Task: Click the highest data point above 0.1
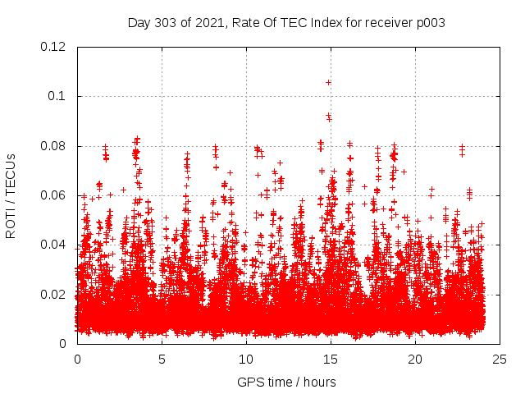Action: click(x=329, y=82)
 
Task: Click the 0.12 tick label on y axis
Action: click(x=53, y=47)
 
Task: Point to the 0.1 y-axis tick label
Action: click(x=57, y=96)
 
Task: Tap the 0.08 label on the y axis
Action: click(x=53, y=146)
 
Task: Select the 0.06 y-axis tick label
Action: click(x=53, y=195)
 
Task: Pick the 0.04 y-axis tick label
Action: click(x=53, y=245)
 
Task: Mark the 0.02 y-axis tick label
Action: click(x=53, y=294)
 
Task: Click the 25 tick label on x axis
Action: click(x=499, y=359)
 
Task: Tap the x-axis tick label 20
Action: click(x=414, y=359)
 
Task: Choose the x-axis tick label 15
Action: click(x=330, y=359)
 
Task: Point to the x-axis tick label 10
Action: click(x=245, y=359)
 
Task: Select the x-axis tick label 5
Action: click(x=162, y=359)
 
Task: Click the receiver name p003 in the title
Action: click(x=429, y=22)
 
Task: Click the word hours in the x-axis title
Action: click(x=319, y=382)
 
